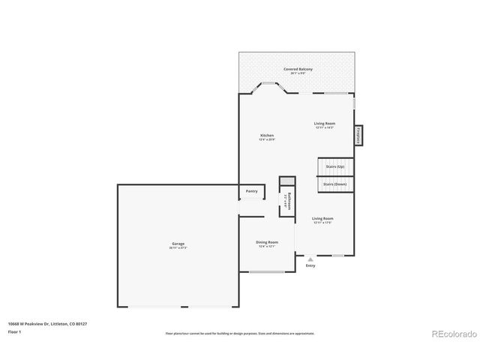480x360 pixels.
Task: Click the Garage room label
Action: pos(178,243)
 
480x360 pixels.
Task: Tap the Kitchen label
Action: pos(267,136)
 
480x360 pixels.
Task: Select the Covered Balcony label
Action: pos(298,69)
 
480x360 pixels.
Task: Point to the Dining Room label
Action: pos(267,242)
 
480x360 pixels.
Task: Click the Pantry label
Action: pos(252,191)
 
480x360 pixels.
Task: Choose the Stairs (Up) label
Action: pos(334,166)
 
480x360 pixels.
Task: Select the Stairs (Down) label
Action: pos(334,184)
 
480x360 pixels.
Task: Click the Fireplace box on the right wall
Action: pos(359,136)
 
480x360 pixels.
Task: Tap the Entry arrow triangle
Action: pos(310,259)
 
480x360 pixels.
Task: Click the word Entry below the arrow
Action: pos(310,265)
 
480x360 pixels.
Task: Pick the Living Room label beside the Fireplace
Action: pos(324,124)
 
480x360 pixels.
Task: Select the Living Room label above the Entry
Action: pos(322,218)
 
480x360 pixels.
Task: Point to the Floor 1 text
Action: pos(15,331)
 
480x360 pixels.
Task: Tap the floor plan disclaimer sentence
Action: pos(240,331)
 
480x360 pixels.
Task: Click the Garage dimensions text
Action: pos(178,247)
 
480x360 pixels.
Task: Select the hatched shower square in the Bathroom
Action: pos(286,181)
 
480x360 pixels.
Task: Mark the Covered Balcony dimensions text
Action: pos(298,73)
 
